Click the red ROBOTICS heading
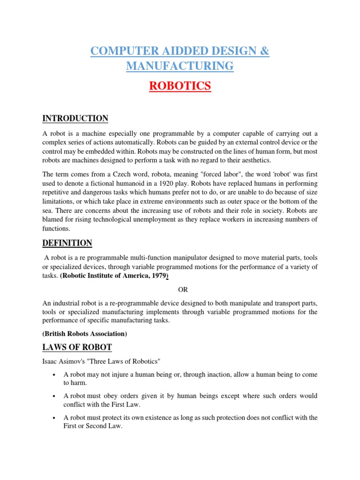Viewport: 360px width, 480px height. tap(180, 87)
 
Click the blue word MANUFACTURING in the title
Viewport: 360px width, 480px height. tap(180, 66)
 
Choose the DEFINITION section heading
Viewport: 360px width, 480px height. tap(67, 243)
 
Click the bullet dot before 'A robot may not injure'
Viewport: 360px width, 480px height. tap(55, 375)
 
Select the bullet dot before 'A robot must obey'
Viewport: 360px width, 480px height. tap(55, 397)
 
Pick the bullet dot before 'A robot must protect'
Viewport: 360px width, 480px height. tap(55, 418)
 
